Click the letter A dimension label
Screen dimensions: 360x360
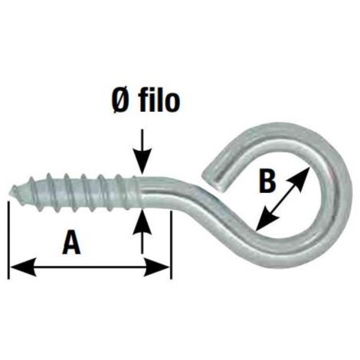[71, 242]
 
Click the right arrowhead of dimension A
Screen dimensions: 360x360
[156, 267]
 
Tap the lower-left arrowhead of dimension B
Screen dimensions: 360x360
[267, 219]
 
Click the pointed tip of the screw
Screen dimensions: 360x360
[11, 190]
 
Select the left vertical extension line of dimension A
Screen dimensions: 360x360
[9, 240]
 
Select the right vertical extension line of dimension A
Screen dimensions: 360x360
[172, 245]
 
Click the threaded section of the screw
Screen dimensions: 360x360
[74, 192]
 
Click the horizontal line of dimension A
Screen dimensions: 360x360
[90, 267]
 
